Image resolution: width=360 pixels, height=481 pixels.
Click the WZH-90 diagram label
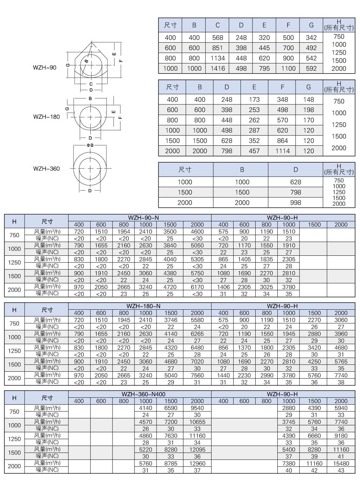coord(44,67)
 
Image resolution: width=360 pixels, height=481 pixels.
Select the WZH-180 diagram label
coord(46,117)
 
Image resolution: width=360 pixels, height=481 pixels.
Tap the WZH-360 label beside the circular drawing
coord(46,169)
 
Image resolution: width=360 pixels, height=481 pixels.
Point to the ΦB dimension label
coord(90,145)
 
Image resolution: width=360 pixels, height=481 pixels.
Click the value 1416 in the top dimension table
coord(217,68)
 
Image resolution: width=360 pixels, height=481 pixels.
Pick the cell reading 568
coord(217,37)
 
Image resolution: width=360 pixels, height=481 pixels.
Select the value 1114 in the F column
coord(282,151)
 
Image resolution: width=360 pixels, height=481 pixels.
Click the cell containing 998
coord(296,202)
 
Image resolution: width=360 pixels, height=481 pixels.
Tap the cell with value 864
coord(282,140)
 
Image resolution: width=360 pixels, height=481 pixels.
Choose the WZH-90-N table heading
coord(143,218)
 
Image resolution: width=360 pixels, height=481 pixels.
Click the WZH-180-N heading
coord(143,306)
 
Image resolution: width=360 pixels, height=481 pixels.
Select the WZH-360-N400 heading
coord(143,394)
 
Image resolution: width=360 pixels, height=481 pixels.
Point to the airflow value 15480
coord(341,463)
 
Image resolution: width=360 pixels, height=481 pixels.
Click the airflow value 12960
coord(197,463)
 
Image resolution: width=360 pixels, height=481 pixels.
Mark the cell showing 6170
coord(197,287)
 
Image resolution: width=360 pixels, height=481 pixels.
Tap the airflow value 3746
coord(171,320)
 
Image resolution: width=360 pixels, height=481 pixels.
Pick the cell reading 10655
coord(197,422)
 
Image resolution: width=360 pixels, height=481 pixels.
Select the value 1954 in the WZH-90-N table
coord(124,232)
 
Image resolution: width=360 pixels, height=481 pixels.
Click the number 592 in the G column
coord(311,68)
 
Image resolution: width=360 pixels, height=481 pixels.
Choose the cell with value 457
coord(254,151)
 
